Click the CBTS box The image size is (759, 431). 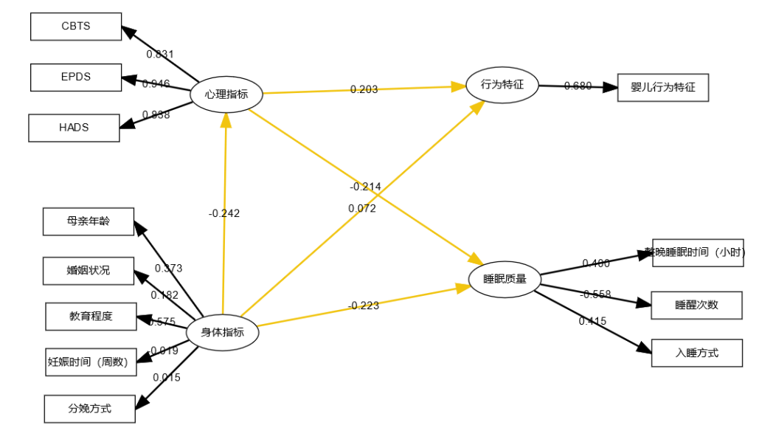[x=76, y=27]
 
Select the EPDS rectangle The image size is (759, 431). [x=76, y=77]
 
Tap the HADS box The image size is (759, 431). [x=74, y=128]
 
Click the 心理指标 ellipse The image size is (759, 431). [x=226, y=94]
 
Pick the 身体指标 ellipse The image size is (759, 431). [x=222, y=333]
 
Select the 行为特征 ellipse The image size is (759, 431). [x=502, y=85]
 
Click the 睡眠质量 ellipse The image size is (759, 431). [x=505, y=279]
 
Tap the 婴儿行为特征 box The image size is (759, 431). [x=662, y=87]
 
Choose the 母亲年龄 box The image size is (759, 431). [x=89, y=221]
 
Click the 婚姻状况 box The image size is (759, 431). [x=89, y=271]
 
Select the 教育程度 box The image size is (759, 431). [x=91, y=317]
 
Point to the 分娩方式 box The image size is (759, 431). [x=90, y=408]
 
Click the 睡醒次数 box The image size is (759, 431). [x=696, y=305]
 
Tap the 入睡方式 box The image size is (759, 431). [x=696, y=353]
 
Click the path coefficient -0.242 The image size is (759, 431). [x=224, y=213]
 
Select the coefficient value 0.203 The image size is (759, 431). [x=364, y=89]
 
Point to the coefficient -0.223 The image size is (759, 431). [x=364, y=306]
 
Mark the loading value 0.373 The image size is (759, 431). [x=168, y=268]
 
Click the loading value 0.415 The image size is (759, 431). [x=592, y=321]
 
